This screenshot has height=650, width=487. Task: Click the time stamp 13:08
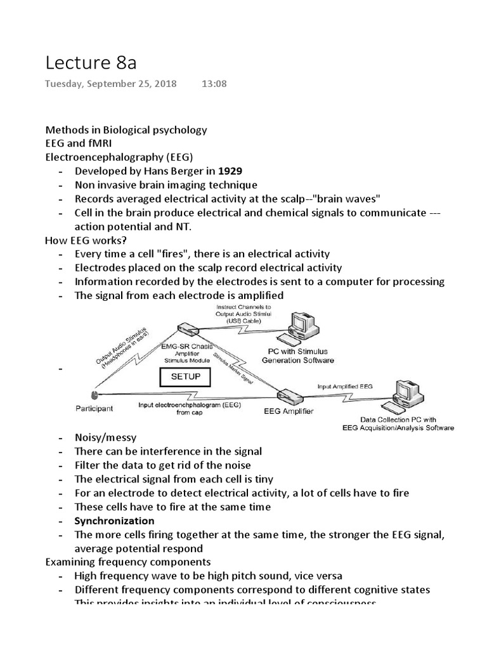coord(214,84)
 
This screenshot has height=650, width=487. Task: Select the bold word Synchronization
coord(114,521)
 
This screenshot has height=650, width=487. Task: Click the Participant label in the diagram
coord(93,409)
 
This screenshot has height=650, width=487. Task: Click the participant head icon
coord(93,394)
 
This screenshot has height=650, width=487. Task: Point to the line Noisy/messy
coord(105,437)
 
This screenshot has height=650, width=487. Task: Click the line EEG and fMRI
coord(78,143)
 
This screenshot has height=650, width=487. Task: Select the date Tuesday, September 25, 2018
coord(111,84)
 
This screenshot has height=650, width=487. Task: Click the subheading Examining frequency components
coord(127,562)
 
